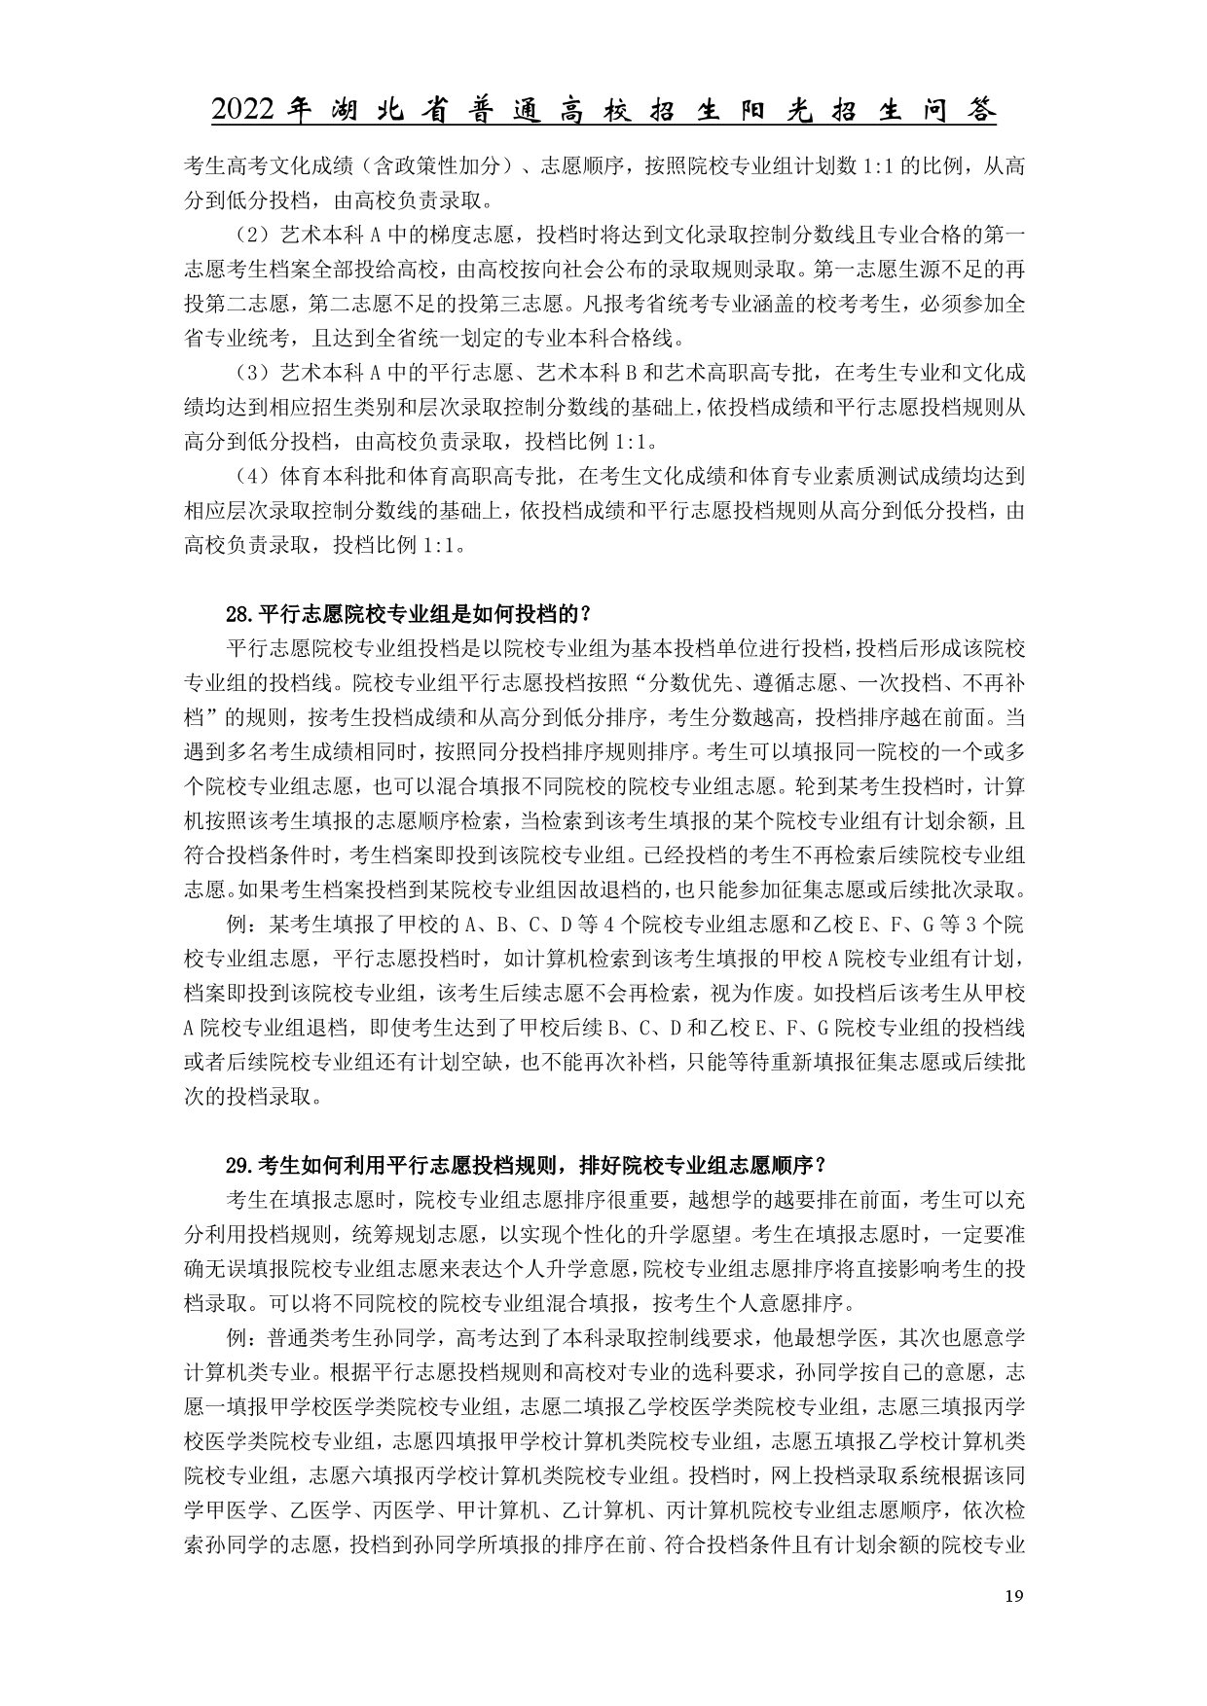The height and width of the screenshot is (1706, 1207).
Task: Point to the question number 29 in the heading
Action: (x=238, y=1165)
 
